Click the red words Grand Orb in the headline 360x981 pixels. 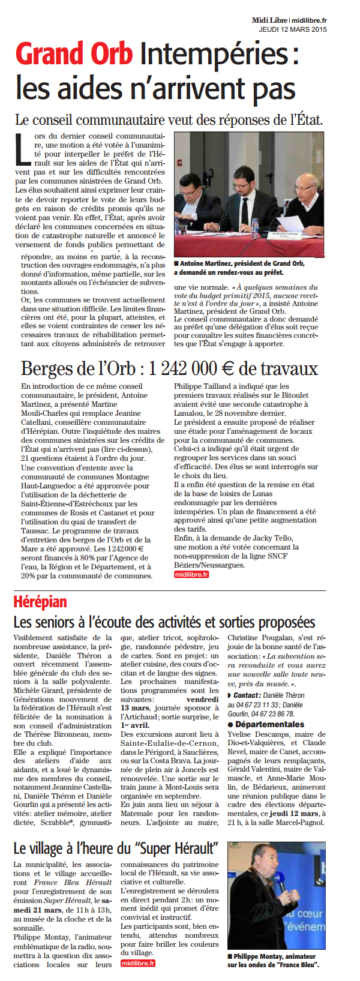click(x=74, y=55)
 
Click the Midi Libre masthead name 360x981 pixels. click(x=269, y=21)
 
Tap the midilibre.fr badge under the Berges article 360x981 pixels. click(x=191, y=574)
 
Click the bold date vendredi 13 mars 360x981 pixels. click(x=203, y=699)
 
